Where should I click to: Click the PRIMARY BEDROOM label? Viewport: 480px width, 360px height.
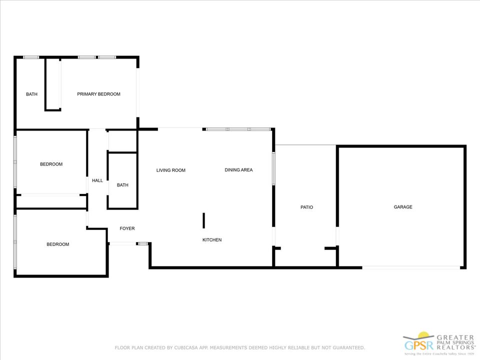coord(98,94)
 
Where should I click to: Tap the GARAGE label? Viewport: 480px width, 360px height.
coord(403,207)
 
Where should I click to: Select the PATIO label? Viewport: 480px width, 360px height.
coord(306,207)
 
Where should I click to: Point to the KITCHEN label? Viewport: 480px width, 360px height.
coord(212,239)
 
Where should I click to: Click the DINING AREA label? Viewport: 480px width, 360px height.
coord(239,170)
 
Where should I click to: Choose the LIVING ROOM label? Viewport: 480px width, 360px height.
coord(171,170)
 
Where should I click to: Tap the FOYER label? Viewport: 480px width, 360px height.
coord(127,228)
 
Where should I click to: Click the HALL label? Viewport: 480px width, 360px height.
coord(97,180)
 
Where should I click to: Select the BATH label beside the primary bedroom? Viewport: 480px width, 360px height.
coord(31,94)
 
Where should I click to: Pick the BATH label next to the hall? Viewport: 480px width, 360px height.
coord(122,185)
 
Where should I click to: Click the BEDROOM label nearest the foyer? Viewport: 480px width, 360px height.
coord(58,244)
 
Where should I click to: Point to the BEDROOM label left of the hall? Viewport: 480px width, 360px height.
coord(51,164)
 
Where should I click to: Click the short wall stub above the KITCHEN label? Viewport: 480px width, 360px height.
coord(203,220)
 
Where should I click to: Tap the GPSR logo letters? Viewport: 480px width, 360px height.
coord(419,345)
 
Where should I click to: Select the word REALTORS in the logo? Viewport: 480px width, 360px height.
coord(455,347)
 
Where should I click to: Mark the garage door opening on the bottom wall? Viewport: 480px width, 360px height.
coord(411,267)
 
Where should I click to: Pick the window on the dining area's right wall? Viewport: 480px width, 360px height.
coord(273,168)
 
